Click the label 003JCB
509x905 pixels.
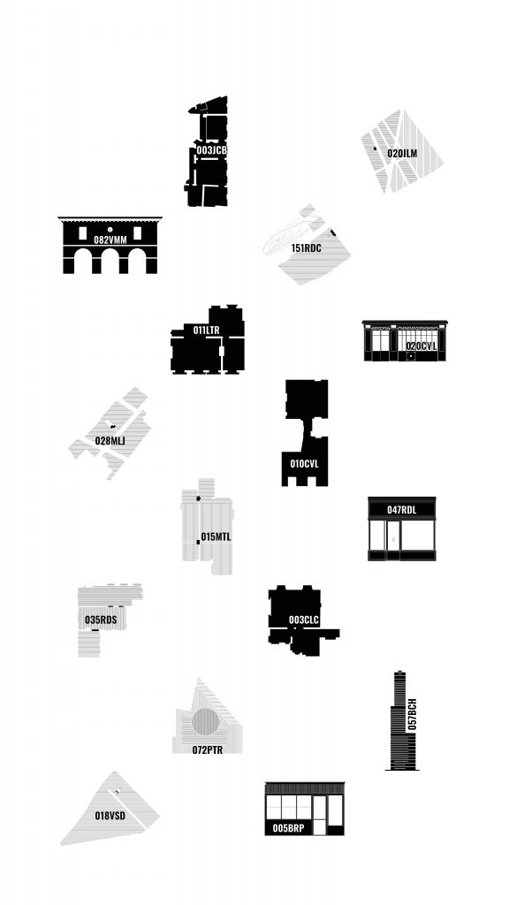pos(212,150)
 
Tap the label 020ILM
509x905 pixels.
pos(402,154)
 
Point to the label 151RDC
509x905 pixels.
pos(306,248)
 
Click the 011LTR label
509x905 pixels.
pos(206,331)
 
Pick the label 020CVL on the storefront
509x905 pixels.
pos(422,346)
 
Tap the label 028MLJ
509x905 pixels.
pos(110,442)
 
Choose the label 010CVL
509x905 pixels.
pos(304,464)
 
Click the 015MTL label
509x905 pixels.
pos(216,537)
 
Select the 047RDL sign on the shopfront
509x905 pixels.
pos(402,510)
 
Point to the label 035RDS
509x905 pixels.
pos(101,620)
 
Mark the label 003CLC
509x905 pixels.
pos(304,620)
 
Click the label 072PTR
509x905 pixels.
pos(207,750)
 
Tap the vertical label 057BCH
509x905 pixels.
pos(412,715)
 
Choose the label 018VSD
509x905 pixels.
pos(110,816)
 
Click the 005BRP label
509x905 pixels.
pos(289,828)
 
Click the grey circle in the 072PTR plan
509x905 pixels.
pos(205,722)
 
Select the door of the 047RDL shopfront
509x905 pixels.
pos(393,540)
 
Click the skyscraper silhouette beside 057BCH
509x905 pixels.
pos(400,721)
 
